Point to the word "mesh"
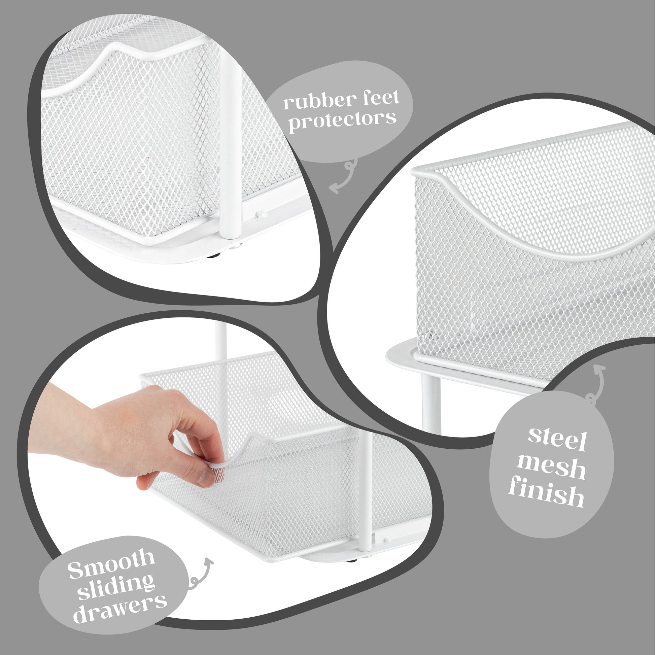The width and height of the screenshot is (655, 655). pyautogui.click(x=551, y=468)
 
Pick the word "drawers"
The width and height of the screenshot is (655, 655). pyautogui.click(x=120, y=610)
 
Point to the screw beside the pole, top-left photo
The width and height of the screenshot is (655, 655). pyautogui.click(x=261, y=213)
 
